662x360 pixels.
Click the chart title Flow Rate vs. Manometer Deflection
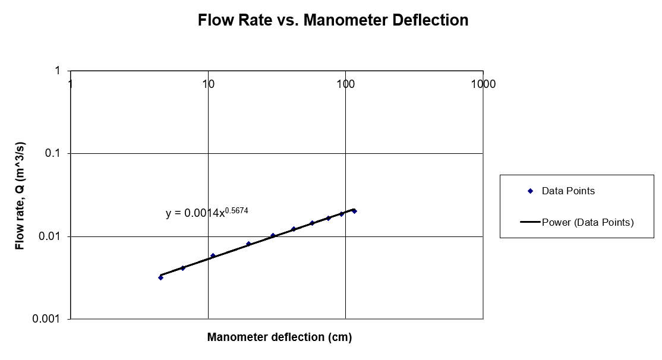pyautogui.click(x=333, y=20)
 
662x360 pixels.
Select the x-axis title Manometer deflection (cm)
pyautogui.click(x=279, y=337)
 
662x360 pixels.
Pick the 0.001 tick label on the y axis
pyautogui.click(x=50, y=319)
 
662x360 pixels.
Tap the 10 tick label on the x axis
pyautogui.click(x=208, y=84)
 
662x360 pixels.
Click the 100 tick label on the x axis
pyautogui.click(x=345, y=84)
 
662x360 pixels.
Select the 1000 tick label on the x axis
pyautogui.click(x=483, y=84)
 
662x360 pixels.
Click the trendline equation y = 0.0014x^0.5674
pyautogui.click(x=203, y=213)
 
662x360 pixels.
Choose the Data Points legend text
pyautogui.click(x=568, y=191)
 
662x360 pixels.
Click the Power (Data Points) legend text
pyautogui.click(x=588, y=223)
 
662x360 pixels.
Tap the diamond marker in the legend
pyautogui.click(x=530, y=191)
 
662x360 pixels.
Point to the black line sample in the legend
pyautogui.click(x=530, y=223)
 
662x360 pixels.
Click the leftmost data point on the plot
pyautogui.click(x=160, y=277)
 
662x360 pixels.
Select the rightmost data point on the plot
pyautogui.click(x=354, y=211)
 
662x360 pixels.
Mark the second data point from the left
pyautogui.click(x=183, y=268)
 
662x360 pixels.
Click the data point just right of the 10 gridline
pyautogui.click(x=213, y=256)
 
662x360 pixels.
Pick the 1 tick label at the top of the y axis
pyautogui.click(x=58, y=71)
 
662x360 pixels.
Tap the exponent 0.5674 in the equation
pyautogui.click(x=237, y=209)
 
